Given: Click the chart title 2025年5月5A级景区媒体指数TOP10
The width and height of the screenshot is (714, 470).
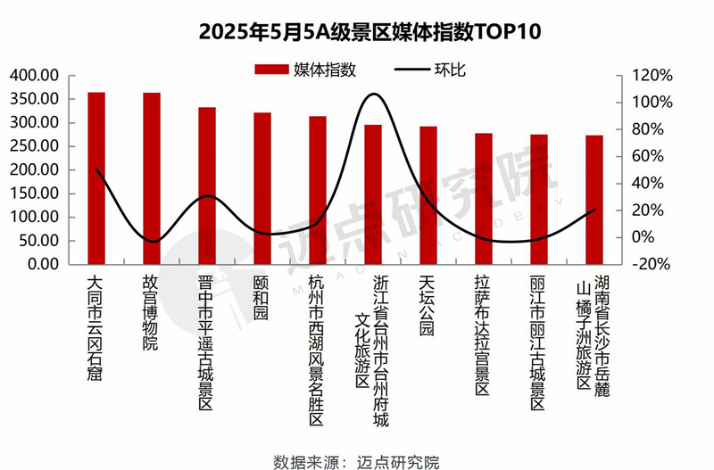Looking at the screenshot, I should click(x=357, y=33).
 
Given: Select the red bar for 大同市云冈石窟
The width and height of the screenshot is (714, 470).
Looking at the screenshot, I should click(x=96, y=178).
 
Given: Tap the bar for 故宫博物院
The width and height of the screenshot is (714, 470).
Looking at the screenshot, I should click(x=152, y=178).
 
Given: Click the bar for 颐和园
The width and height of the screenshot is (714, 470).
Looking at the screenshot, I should click(x=262, y=188).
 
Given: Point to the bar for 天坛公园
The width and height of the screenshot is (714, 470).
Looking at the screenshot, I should click(x=428, y=195).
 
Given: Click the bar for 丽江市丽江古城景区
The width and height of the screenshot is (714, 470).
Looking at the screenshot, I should click(x=539, y=200).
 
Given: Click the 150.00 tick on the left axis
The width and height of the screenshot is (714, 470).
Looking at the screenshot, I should click(x=35, y=194).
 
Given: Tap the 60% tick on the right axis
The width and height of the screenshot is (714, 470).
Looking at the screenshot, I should click(x=646, y=156).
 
